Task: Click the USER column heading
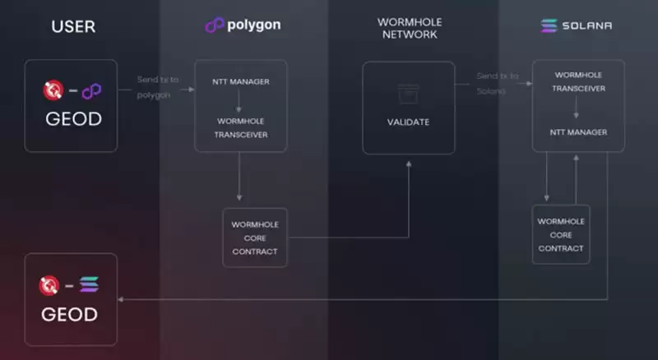click(x=73, y=26)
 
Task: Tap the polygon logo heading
click(x=243, y=25)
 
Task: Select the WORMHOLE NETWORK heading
click(x=409, y=27)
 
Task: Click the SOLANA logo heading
click(x=576, y=25)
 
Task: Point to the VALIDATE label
click(x=409, y=122)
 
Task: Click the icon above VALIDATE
click(x=409, y=93)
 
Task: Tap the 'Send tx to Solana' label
click(x=498, y=82)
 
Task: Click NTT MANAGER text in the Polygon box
click(x=240, y=81)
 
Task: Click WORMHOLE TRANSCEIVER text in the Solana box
click(x=575, y=82)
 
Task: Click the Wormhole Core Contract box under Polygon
click(x=255, y=238)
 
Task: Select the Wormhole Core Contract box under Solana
click(x=561, y=234)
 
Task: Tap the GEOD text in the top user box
click(x=72, y=120)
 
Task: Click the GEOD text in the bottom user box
click(x=69, y=314)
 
